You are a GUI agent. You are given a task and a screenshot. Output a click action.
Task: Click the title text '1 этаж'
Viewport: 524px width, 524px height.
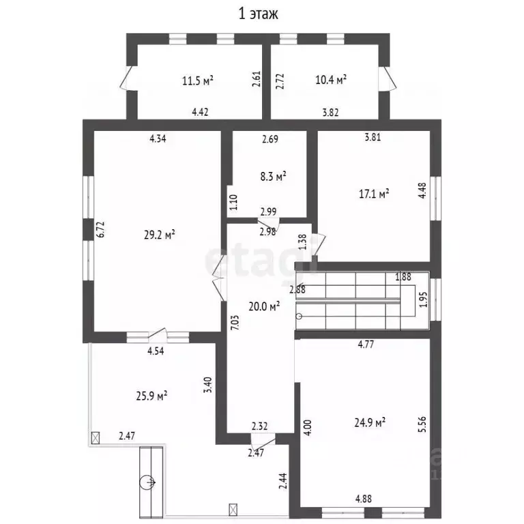(x=258, y=14)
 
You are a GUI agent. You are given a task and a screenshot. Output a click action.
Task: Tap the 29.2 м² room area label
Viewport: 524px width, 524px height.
(x=160, y=235)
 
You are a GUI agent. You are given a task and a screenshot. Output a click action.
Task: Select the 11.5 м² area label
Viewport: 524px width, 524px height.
(x=198, y=81)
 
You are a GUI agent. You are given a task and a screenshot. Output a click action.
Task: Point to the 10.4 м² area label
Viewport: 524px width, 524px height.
(x=331, y=80)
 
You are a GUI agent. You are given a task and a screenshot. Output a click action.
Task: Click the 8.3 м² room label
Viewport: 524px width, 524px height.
(x=274, y=176)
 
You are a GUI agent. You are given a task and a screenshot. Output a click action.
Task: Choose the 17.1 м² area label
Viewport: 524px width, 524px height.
(x=374, y=194)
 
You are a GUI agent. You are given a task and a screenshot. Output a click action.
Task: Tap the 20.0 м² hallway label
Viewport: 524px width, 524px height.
(x=264, y=306)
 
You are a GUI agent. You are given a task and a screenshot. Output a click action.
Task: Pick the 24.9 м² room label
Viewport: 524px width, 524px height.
(x=370, y=422)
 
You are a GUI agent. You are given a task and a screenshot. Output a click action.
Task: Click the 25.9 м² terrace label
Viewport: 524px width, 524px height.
(x=151, y=396)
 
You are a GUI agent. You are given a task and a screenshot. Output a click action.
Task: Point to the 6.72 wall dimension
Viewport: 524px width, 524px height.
(x=101, y=229)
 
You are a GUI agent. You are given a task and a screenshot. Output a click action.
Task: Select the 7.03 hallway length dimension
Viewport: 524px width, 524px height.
(x=235, y=323)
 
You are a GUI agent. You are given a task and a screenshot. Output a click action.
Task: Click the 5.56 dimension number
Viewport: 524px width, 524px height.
(x=422, y=424)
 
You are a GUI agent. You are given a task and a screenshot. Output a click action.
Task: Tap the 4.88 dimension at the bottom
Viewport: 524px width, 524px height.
(x=364, y=499)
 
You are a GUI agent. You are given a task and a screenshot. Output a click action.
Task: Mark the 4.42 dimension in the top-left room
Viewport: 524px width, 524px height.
(x=200, y=112)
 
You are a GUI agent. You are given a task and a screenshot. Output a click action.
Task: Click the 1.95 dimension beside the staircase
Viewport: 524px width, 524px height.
(x=423, y=300)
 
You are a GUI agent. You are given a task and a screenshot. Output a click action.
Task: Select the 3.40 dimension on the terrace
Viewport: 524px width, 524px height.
(x=208, y=385)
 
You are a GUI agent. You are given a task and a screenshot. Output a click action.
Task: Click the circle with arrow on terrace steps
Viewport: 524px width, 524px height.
(x=147, y=482)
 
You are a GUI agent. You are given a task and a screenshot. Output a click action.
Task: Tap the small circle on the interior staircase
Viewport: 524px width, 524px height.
(x=299, y=316)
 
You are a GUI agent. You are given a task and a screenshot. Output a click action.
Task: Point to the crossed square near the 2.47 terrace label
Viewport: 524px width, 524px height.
(x=96, y=438)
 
